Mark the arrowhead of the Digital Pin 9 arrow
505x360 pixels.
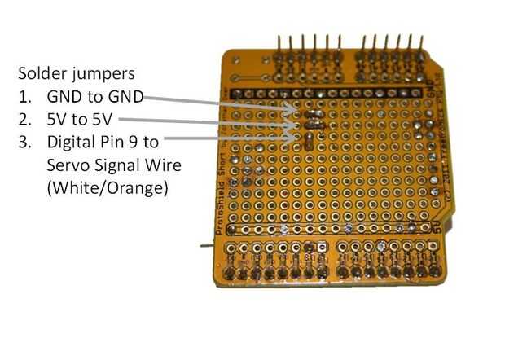[x=293, y=138]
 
